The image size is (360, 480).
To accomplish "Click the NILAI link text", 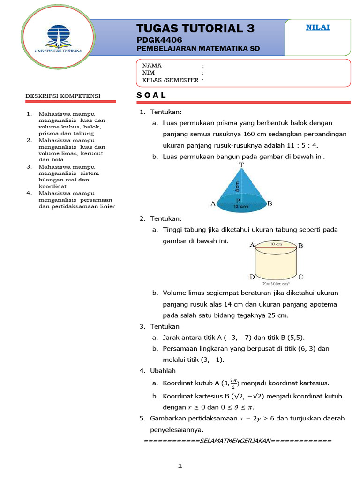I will pos(318,27).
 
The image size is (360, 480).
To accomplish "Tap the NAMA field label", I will pos(152,66).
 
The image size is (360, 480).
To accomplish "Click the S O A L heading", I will pos(151,95).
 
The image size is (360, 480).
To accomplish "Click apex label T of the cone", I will pos(241,165).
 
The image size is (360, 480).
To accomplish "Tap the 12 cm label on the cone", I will pos(241,207).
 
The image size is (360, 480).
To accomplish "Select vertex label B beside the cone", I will pos(270,203).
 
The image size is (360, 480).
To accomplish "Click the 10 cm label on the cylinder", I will pos(276,244).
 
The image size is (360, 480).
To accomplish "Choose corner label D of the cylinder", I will pos(252,277).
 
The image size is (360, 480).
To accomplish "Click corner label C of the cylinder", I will pos(300,277).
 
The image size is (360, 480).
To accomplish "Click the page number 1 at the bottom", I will pos(180,466).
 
